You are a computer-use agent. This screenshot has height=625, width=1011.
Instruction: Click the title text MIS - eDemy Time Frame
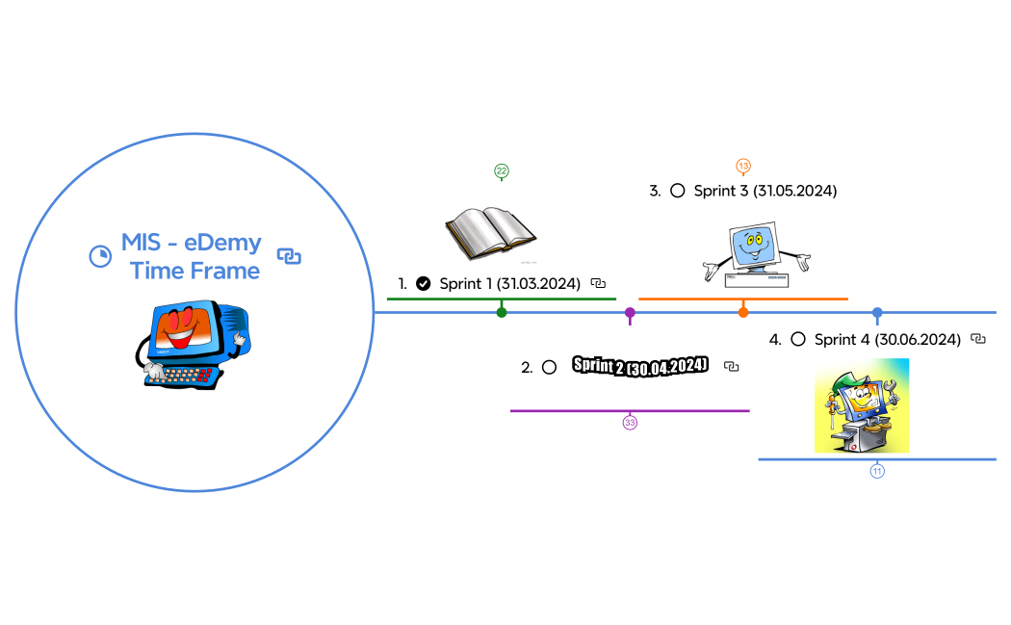(x=194, y=256)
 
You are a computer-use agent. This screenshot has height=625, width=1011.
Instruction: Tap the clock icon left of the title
(x=98, y=256)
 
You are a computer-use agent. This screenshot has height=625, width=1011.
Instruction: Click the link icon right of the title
(x=289, y=256)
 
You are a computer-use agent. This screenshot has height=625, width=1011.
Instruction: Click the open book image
(x=490, y=232)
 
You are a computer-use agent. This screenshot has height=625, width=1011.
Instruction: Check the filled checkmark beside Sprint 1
(x=423, y=283)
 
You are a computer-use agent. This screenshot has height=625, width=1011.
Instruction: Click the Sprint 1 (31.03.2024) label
(x=509, y=283)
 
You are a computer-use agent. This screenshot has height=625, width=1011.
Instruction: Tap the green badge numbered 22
(x=502, y=170)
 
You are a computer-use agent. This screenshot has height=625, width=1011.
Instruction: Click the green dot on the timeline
(x=502, y=312)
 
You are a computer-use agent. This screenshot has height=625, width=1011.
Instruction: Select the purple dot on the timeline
(x=630, y=312)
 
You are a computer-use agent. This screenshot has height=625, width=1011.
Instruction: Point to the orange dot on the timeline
(x=743, y=312)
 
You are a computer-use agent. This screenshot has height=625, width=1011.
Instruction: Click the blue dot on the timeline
(x=876, y=312)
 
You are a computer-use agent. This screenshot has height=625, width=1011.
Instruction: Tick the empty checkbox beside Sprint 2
(x=549, y=367)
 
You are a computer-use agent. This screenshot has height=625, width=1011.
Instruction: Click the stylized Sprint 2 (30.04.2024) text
(x=640, y=366)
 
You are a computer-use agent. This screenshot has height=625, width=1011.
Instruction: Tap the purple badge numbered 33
(x=630, y=423)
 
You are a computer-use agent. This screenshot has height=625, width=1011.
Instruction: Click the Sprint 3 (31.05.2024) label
(x=765, y=191)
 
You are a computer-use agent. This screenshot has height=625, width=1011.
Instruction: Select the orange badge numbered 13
(x=743, y=166)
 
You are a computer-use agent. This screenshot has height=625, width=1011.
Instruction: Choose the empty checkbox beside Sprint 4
(x=797, y=339)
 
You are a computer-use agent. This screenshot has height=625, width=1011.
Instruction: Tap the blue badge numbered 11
(x=877, y=471)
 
